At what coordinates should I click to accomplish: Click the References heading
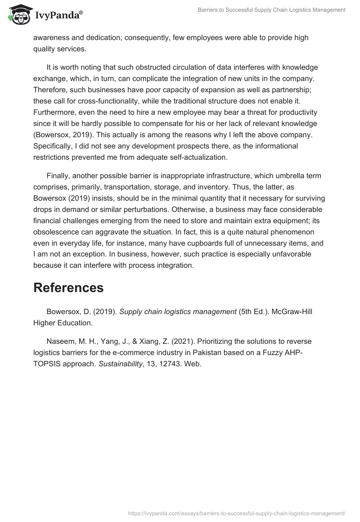[68, 288]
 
